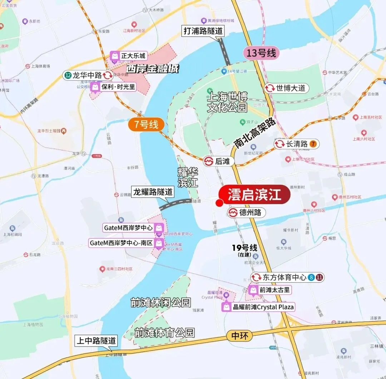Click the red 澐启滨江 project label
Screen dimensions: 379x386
[x=254, y=195]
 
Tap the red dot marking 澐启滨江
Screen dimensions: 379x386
[x=219, y=203]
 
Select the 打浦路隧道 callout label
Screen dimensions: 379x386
[x=203, y=31]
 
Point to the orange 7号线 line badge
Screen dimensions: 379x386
[x=147, y=125]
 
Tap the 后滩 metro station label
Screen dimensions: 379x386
[x=219, y=161]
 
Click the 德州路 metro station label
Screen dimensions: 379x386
[x=247, y=213]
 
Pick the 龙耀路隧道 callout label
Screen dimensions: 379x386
[x=153, y=192]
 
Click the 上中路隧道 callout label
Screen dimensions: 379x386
[x=96, y=341]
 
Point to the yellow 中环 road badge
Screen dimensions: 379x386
[x=239, y=335]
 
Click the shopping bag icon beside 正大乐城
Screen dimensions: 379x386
[x=114, y=56]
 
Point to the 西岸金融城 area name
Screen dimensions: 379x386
[x=153, y=69]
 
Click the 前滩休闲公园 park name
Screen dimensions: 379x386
[x=160, y=303]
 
